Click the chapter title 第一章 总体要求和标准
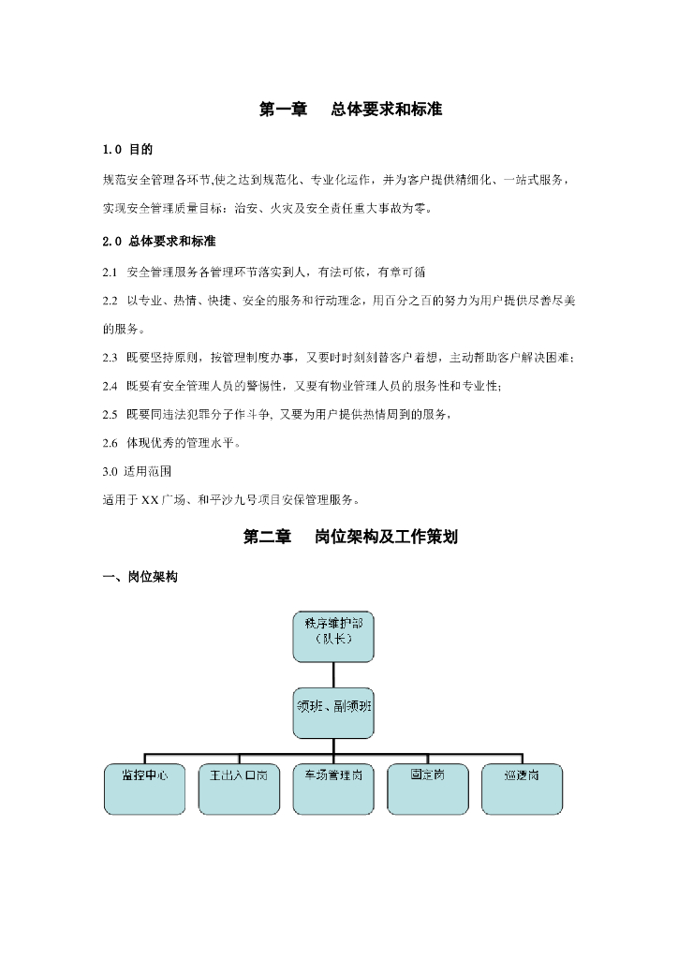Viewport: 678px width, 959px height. click(349, 110)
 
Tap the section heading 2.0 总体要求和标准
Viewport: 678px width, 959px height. click(159, 242)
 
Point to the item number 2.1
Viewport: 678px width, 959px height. click(110, 273)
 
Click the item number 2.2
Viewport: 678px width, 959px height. click(110, 301)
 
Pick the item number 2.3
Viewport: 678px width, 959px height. click(110, 358)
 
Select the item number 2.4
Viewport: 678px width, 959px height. click(110, 386)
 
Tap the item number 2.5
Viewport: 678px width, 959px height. click(110, 414)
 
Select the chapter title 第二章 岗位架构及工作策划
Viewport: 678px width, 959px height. click(349, 538)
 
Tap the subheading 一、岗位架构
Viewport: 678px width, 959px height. click(140, 578)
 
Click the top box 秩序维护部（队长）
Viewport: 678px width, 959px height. click(332, 635)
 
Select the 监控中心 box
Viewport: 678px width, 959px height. click(144, 788)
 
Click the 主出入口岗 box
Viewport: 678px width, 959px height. click(239, 788)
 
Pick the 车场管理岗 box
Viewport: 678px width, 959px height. click(333, 788)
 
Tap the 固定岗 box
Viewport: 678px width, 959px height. click(428, 788)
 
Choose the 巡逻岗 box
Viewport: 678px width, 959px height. click(523, 788)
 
